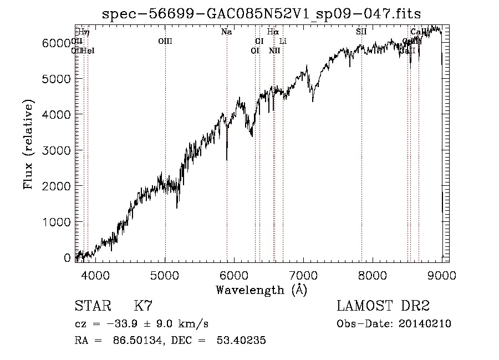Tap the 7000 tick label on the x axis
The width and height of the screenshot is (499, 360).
(x=303, y=275)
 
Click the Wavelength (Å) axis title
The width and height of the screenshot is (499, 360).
(x=261, y=290)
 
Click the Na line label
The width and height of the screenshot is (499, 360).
(x=226, y=32)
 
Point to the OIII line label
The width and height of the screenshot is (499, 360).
(x=165, y=41)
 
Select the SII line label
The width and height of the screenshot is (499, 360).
(x=361, y=32)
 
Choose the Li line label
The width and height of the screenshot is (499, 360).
(x=283, y=41)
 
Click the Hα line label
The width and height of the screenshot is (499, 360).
(x=272, y=32)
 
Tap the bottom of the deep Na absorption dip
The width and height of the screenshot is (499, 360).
(x=227, y=160)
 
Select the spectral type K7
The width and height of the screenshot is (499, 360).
(x=142, y=307)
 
